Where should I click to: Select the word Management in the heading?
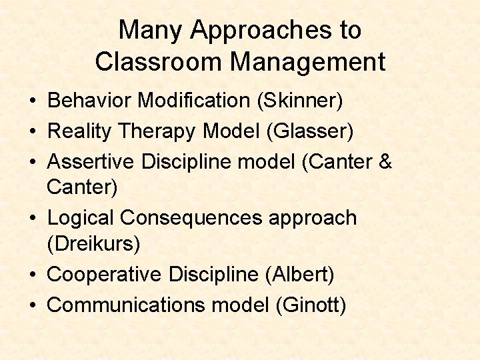[308, 62]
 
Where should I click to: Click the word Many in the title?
[151, 30]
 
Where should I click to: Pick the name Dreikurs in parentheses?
[94, 244]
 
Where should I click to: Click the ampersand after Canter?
[385, 162]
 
